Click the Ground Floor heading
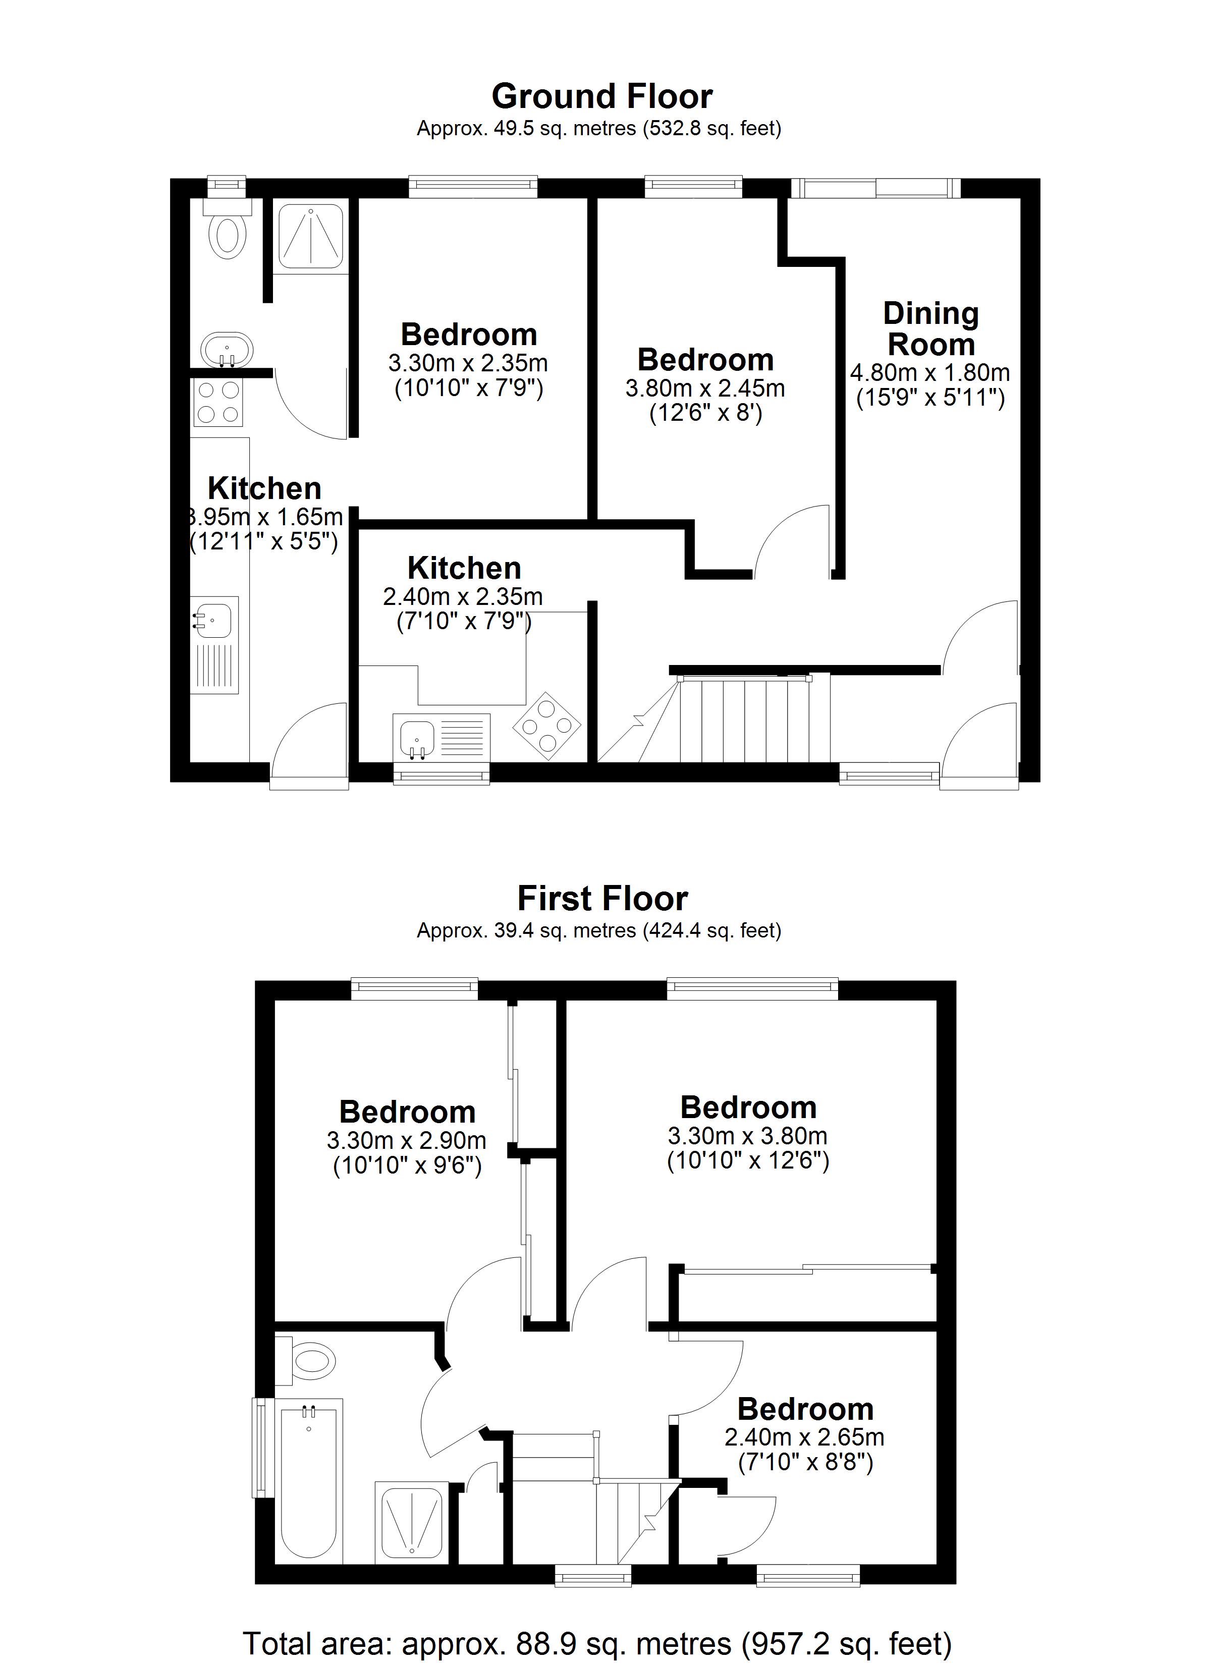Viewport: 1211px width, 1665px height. coord(601,96)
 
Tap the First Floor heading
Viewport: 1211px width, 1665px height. coord(602,899)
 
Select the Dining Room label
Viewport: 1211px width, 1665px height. coord(930,329)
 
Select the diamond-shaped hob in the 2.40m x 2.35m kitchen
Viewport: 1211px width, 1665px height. coord(546,726)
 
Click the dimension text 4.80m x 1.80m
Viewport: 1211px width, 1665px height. coord(930,373)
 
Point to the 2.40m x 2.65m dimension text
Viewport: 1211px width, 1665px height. coord(805,1436)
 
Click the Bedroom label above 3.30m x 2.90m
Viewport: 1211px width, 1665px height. coord(408,1112)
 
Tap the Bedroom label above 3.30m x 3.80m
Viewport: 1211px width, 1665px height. coord(748,1107)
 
